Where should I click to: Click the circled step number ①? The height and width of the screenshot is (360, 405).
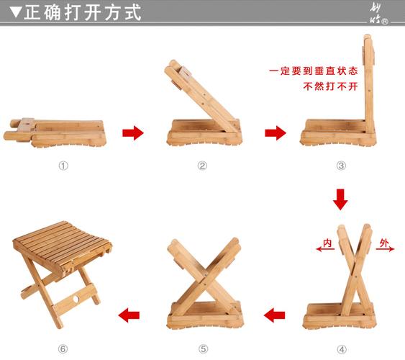pos(63,165)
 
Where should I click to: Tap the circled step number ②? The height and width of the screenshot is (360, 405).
pos(202,165)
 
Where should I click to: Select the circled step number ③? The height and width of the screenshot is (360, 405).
pos(341,165)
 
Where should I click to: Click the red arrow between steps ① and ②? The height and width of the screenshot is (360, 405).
pos(132,132)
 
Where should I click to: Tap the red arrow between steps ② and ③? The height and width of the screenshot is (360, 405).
pos(275,132)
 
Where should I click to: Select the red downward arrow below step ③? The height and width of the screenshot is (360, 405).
pos(340,199)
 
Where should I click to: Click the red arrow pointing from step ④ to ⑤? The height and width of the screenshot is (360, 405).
pos(273,315)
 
